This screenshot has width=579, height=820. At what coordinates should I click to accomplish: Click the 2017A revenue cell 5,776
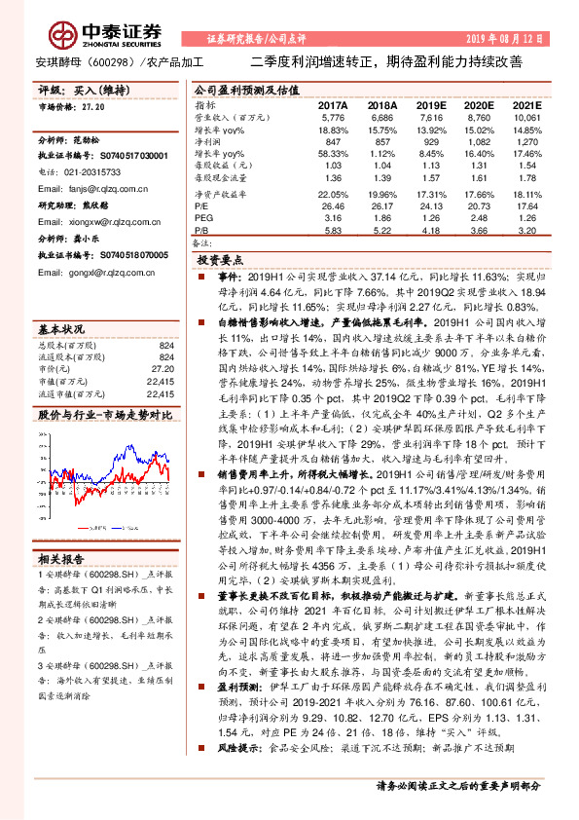point(334,117)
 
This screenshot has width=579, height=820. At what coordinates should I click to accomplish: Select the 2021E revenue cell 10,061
point(525,117)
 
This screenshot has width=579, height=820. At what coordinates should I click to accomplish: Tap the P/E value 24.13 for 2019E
point(430,205)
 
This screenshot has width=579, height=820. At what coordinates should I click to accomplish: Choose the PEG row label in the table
point(203,218)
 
